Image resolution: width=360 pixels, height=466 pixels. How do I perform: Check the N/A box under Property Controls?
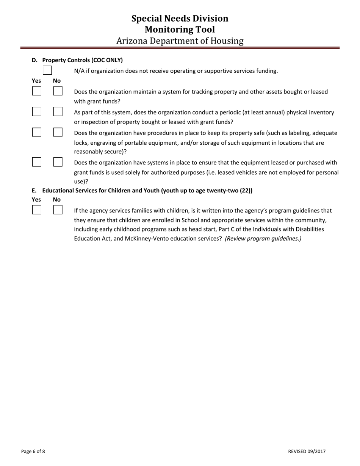[x=47, y=70]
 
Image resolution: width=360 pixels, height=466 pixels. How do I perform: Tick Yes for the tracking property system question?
[x=37, y=91]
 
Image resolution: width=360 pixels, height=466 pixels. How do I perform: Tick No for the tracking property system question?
[x=58, y=91]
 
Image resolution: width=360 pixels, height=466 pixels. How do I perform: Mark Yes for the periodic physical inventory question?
[x=37, y=111]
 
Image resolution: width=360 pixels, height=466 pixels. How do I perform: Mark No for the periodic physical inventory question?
[x=58, y=111]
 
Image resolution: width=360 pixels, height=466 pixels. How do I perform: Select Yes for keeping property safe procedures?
[x=37, y=132]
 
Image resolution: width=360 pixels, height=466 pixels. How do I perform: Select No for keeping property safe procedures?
[x=58, y=132]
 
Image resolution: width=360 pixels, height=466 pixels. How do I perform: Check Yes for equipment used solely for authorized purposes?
[x=37, y=162]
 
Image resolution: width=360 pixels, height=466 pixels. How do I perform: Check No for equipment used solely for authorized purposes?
[x=58, y=162]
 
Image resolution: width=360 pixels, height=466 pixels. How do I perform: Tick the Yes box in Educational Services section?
[x=37, y=210]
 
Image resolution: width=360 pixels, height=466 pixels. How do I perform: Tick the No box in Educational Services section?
[x=58, y=210]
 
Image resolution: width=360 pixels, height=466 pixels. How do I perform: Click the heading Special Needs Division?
[x=180, y=19]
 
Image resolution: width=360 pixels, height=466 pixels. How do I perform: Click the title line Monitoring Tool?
[x=180, y=30]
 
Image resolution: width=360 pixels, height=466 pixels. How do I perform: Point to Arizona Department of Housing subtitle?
[x=180, y=41]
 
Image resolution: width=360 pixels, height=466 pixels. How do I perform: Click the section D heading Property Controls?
[x=82, y=60]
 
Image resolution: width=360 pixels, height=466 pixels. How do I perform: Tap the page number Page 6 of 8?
[x=33, y=451]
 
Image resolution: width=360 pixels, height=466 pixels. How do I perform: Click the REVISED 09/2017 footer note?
[x=307, y=451]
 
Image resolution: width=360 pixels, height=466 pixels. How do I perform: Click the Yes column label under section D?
[x=36, y=81]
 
